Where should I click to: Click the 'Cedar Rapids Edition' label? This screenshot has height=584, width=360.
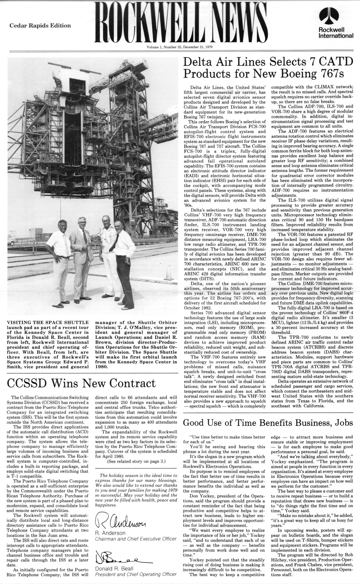[x=40, y=26]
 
